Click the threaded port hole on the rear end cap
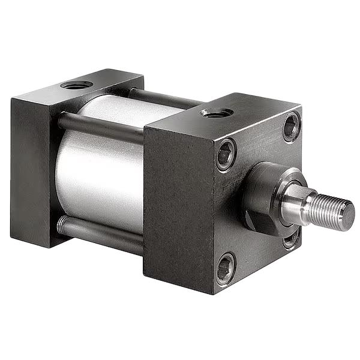coord(76,85)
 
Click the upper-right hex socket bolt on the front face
coord(291,127)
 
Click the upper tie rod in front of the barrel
coord(102,127)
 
